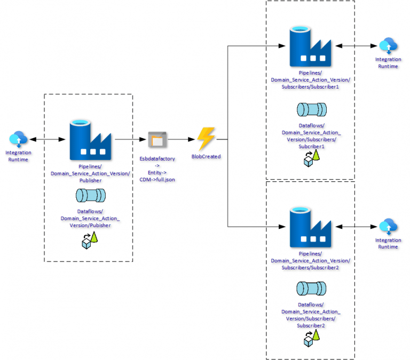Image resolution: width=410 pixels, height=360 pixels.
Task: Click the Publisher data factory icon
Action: [x=90, y=140]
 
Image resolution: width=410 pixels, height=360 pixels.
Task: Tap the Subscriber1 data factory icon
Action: [x=309, y=46]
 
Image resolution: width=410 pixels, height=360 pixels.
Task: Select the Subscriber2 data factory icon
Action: [x=309, y=227]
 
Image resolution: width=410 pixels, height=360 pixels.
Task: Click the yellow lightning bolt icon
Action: [x=206, y=139]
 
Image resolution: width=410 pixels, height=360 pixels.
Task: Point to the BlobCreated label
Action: [x=206, y=157]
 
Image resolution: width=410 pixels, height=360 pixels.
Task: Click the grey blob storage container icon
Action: [x=157, y=140]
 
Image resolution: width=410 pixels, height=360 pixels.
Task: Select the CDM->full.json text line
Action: [x=157, y=180]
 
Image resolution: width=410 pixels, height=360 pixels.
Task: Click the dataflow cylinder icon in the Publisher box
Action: [x=90, y=196]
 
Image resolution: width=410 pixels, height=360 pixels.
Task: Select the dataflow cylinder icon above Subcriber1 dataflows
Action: [x=311, y=109]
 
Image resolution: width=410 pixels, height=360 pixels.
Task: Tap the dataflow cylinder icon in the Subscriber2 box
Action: [x=311, y=289]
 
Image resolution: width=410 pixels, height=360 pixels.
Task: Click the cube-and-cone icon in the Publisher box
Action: [x=90, y=242]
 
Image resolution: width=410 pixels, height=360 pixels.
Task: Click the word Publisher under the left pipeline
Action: [x=90, y=180]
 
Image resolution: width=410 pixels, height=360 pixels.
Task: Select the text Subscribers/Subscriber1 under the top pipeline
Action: [x=311, y=86]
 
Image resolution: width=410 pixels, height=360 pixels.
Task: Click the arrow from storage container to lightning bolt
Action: [x=182, y=140]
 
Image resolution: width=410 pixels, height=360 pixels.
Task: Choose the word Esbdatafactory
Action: [x=157, y=159]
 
